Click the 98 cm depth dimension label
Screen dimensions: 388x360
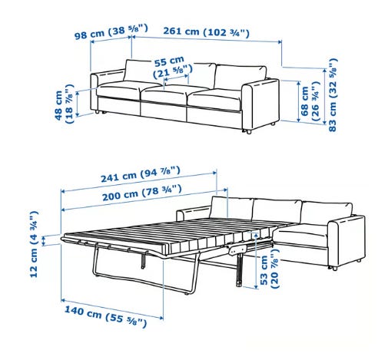coord(111,31)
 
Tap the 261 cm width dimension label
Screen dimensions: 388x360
coord(206,31)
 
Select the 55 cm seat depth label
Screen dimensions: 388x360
coord(172,67)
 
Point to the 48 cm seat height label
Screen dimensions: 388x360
coord(64,104)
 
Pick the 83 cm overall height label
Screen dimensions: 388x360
coord(332,95)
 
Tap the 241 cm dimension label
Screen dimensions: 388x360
coord(141,174)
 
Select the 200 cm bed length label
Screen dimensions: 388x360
coord(142,193)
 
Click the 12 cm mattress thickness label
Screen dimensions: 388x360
coord(34,244)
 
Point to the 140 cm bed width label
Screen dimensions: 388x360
coord(105,316)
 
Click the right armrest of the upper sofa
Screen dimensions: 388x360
coord(260,104)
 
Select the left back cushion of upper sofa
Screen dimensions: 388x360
coord(141,70)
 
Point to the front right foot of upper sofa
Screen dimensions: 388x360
coord(247,132)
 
